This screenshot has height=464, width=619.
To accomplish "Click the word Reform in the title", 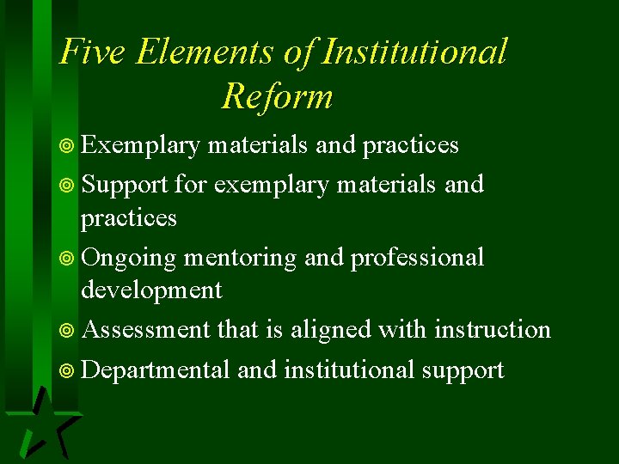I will [x=277, y=96].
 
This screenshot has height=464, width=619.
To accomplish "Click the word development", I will [x=151, y=290].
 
